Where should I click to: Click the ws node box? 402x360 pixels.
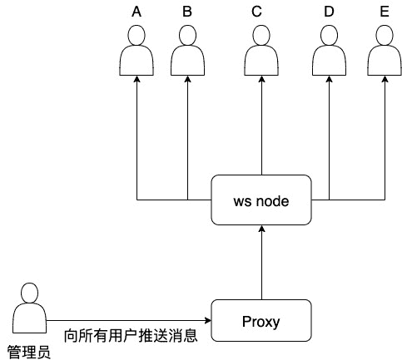pos(261,200)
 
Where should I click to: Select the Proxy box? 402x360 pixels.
pos(261,320)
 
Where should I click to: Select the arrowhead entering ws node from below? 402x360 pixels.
pos(261,230)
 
